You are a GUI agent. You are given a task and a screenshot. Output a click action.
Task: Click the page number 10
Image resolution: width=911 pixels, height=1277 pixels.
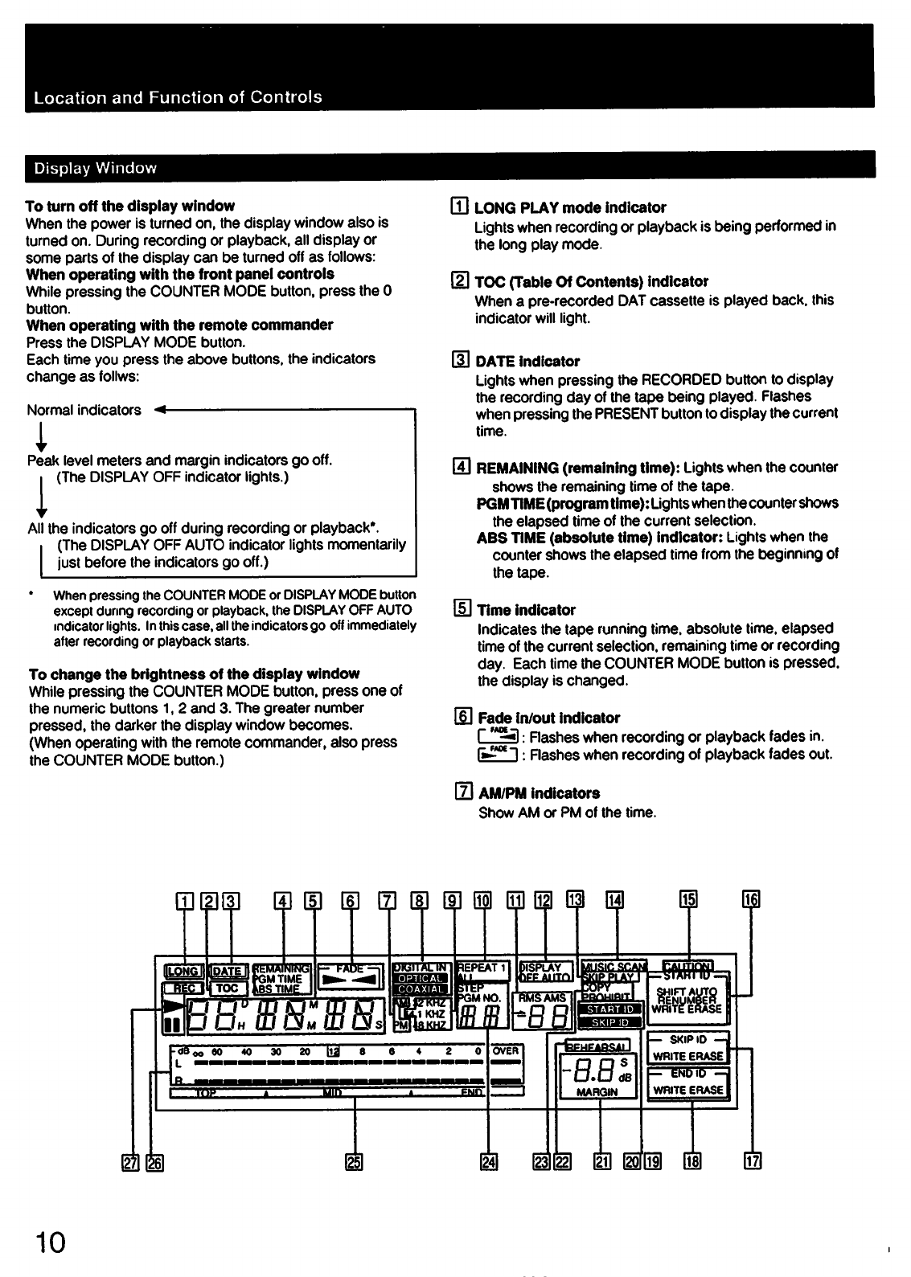tap(47, 1242)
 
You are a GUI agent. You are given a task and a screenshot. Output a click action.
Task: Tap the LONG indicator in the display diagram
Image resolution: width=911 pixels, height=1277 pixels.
tap(183, 970)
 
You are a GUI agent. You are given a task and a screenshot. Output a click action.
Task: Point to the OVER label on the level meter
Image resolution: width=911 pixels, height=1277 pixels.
tap(507, 1050)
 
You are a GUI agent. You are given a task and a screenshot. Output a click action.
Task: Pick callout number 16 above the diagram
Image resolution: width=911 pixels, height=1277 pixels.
tap(752, 899)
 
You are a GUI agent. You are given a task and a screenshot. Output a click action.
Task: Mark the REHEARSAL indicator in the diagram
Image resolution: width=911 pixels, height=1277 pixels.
tap(598, 1046)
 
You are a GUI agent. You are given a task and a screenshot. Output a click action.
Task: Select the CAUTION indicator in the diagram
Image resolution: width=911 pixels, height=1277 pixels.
tap(687, 965)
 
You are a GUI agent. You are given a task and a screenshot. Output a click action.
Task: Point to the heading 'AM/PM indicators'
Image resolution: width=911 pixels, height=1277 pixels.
tap(539, 793)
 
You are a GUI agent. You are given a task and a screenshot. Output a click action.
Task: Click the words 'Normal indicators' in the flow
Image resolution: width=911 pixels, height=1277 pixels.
tap(84, 410)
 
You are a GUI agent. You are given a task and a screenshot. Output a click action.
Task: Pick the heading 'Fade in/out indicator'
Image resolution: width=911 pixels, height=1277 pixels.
tap(548, 718)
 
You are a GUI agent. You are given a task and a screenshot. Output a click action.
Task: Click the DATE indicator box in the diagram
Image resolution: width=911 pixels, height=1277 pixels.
tap(226, 971)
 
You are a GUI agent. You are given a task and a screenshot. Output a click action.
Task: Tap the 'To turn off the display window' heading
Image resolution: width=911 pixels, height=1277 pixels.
tap(130, 206)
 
